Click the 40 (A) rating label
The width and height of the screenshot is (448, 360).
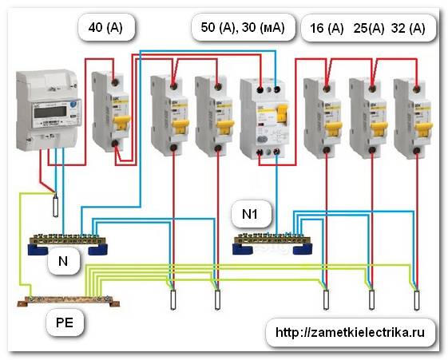click(x=106, y=30)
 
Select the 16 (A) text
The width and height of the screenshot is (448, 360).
click(x=325, y=30)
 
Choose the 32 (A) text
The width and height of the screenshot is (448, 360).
click(x=408, y=30)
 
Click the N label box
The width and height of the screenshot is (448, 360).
click(x=61, y=261)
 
